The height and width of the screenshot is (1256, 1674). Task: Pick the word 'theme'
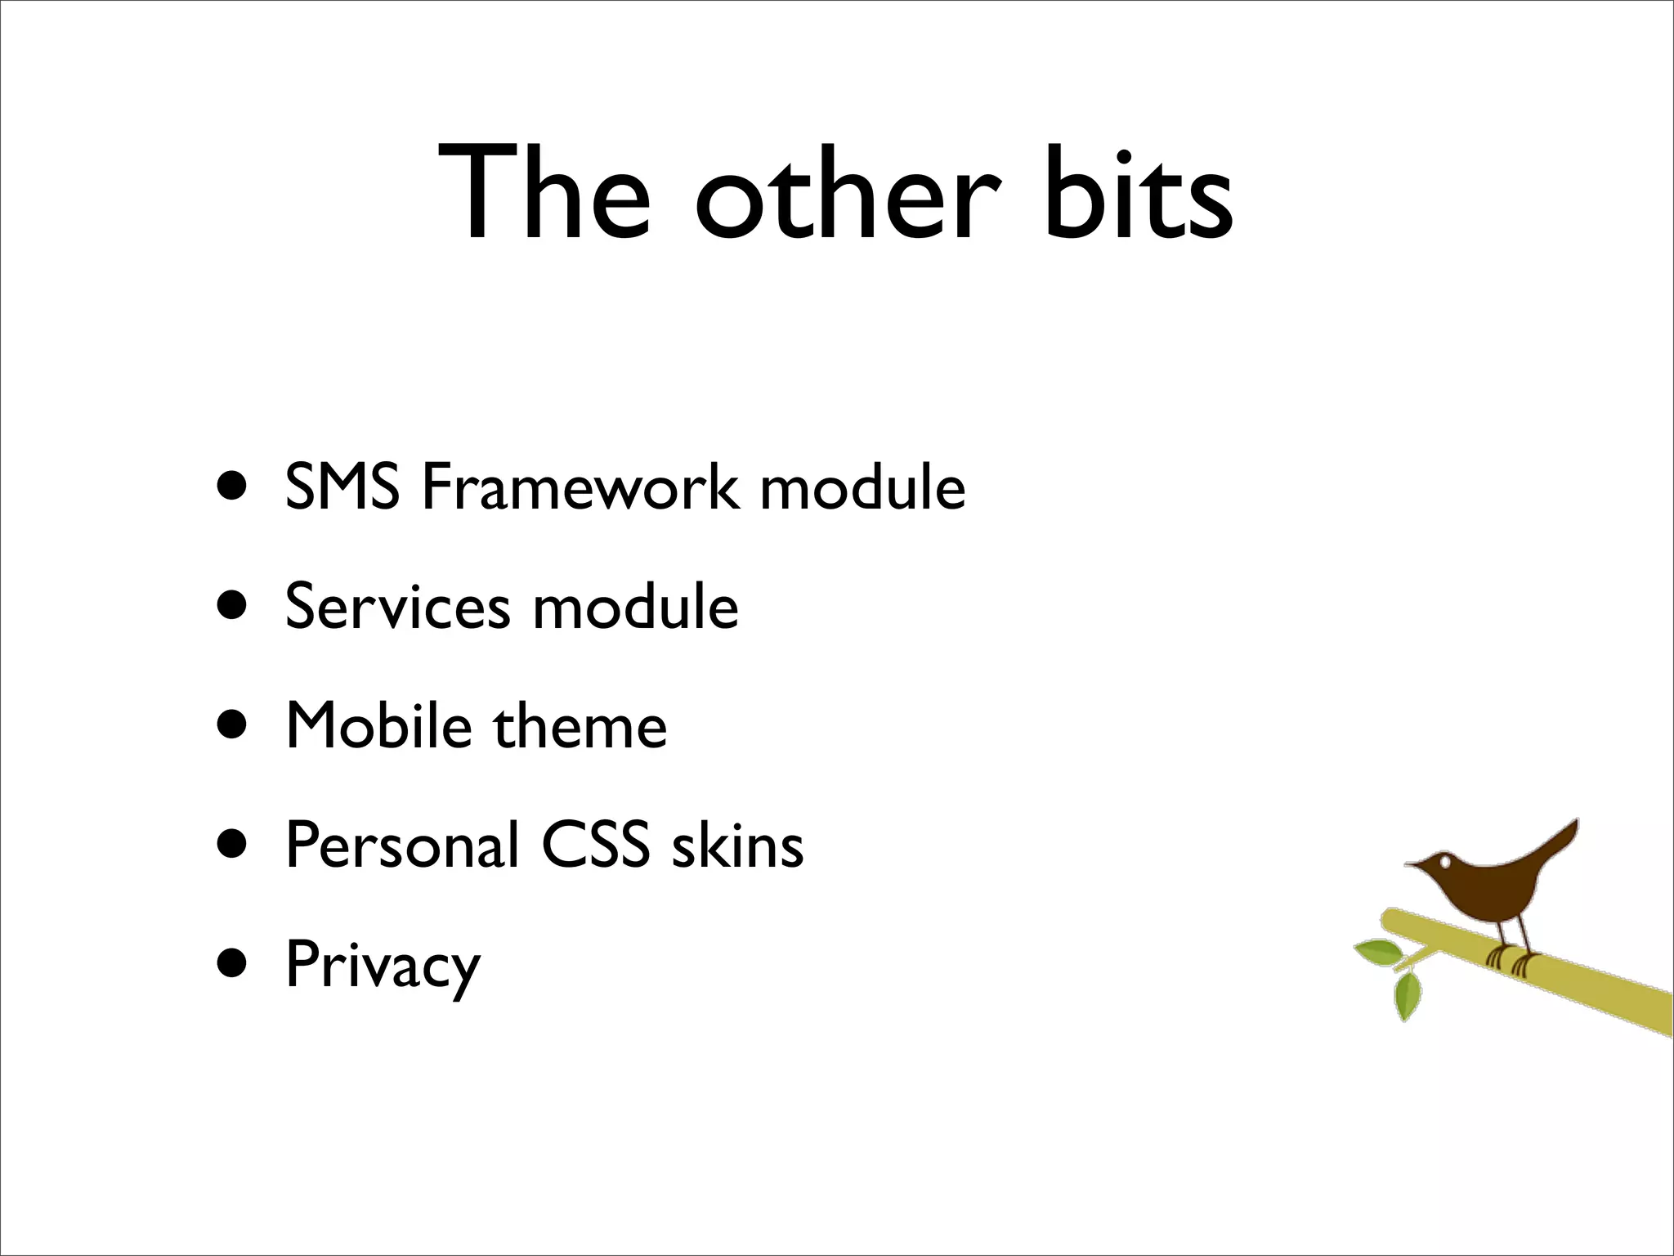pos(580,725)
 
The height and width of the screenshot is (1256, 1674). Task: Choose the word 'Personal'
pos(402,845)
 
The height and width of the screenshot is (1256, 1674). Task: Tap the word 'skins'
pos(737,845)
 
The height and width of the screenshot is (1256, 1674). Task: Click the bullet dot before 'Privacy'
pos(232,963)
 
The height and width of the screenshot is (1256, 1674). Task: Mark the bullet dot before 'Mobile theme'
pos(232,724)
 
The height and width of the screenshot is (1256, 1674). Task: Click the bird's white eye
pos(1445,862)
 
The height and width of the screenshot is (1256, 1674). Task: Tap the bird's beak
pos(1413,863)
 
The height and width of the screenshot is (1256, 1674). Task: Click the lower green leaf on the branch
pos(1407,996)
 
